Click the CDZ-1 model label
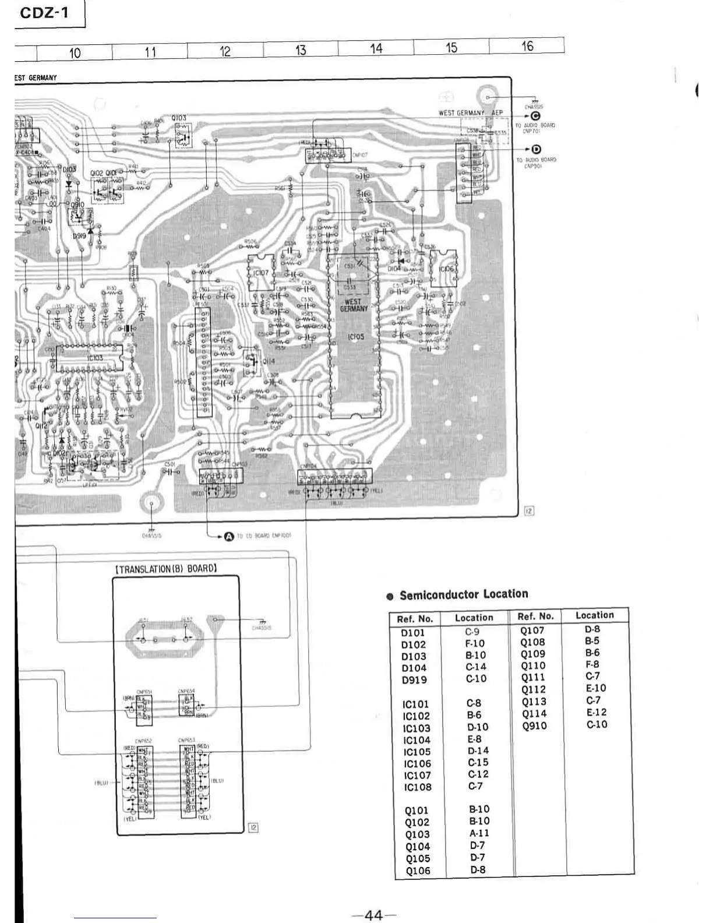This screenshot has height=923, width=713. point(44,13)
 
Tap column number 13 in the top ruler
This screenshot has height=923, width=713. point(301,50)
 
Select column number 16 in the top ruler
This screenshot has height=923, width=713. point(527,46)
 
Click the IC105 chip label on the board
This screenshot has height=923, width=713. point(356,337)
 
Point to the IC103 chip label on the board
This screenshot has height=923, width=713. point(95,358)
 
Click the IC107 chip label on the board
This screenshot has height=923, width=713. point(260,273)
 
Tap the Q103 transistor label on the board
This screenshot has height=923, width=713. point(179,118)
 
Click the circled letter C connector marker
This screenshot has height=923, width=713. point(535,116)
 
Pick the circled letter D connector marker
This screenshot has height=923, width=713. point(528,150)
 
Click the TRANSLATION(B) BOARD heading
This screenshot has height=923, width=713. point(166,569)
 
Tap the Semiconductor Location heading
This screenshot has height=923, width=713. point(464,594)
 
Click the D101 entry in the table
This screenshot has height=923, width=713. point(414,633)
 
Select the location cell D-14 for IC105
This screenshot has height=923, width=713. point(478,751)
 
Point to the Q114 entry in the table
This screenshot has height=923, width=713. point(534,713)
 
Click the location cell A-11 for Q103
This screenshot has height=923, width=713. point(479,833)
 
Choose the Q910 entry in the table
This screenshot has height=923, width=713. point(534,725)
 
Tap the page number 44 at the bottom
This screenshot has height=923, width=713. point(373,915)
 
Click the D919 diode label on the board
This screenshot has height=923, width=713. point(79,236)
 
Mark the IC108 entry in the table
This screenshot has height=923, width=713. point(417,787)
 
